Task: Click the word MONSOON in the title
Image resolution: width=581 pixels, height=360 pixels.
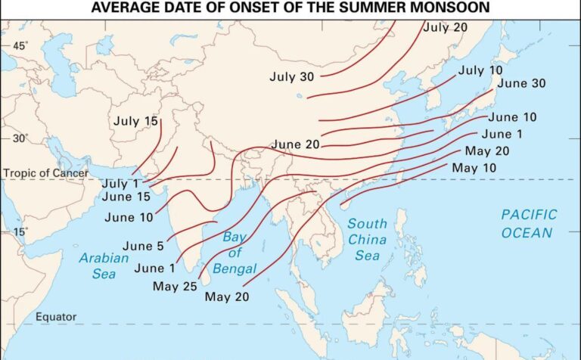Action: pyautogui.click(x=448, y=8)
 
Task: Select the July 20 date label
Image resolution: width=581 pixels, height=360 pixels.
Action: pyautogui.click(x=446, y=27)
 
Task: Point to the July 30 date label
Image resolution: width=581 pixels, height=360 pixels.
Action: pyautogui.click(x=291, y=76)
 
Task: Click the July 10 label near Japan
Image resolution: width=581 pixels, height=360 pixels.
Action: pyautogui.click(x=480, y=70)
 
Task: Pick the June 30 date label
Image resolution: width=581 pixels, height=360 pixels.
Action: pyautogui.click(x=521, y=83)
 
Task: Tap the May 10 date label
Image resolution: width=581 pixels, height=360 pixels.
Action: pyautogui.click(x=474, y=167)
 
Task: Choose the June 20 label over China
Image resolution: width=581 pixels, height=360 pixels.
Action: pyautogui.click(x=296, y=144)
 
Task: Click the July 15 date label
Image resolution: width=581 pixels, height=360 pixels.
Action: pyautogui.click(x=136, y=121)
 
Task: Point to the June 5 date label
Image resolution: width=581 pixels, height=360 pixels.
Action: pyautogui.click(x=143, y=245)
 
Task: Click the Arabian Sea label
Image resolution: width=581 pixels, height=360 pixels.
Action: pyautogui.click(x=99, y=265)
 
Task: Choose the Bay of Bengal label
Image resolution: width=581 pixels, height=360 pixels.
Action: pyautogui.click(x=235, y=253)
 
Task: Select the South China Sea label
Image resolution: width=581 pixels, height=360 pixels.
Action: pyautogui.click(x=367, y=240)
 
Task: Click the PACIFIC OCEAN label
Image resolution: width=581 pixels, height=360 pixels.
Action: pyautogui.click(x=528, y=224)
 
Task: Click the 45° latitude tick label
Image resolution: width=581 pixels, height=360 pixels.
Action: pyautogui.click(x=20, y=45)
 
